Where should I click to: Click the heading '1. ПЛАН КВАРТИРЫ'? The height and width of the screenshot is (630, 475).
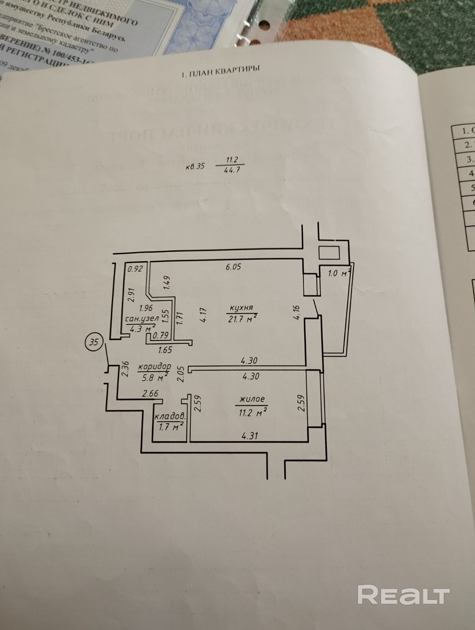(220, 71)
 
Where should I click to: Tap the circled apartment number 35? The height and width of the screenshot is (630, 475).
(94, 342)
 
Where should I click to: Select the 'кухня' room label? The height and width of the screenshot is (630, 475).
(242, 308)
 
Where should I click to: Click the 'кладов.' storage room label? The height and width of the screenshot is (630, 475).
(170, 417)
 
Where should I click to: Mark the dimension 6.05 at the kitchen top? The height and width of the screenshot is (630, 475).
(233, 267)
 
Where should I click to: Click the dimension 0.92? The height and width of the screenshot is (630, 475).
(135, 269)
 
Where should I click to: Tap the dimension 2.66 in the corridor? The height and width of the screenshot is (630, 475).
(150, 393)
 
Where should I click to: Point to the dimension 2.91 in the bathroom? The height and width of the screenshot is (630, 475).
(132, 295)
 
